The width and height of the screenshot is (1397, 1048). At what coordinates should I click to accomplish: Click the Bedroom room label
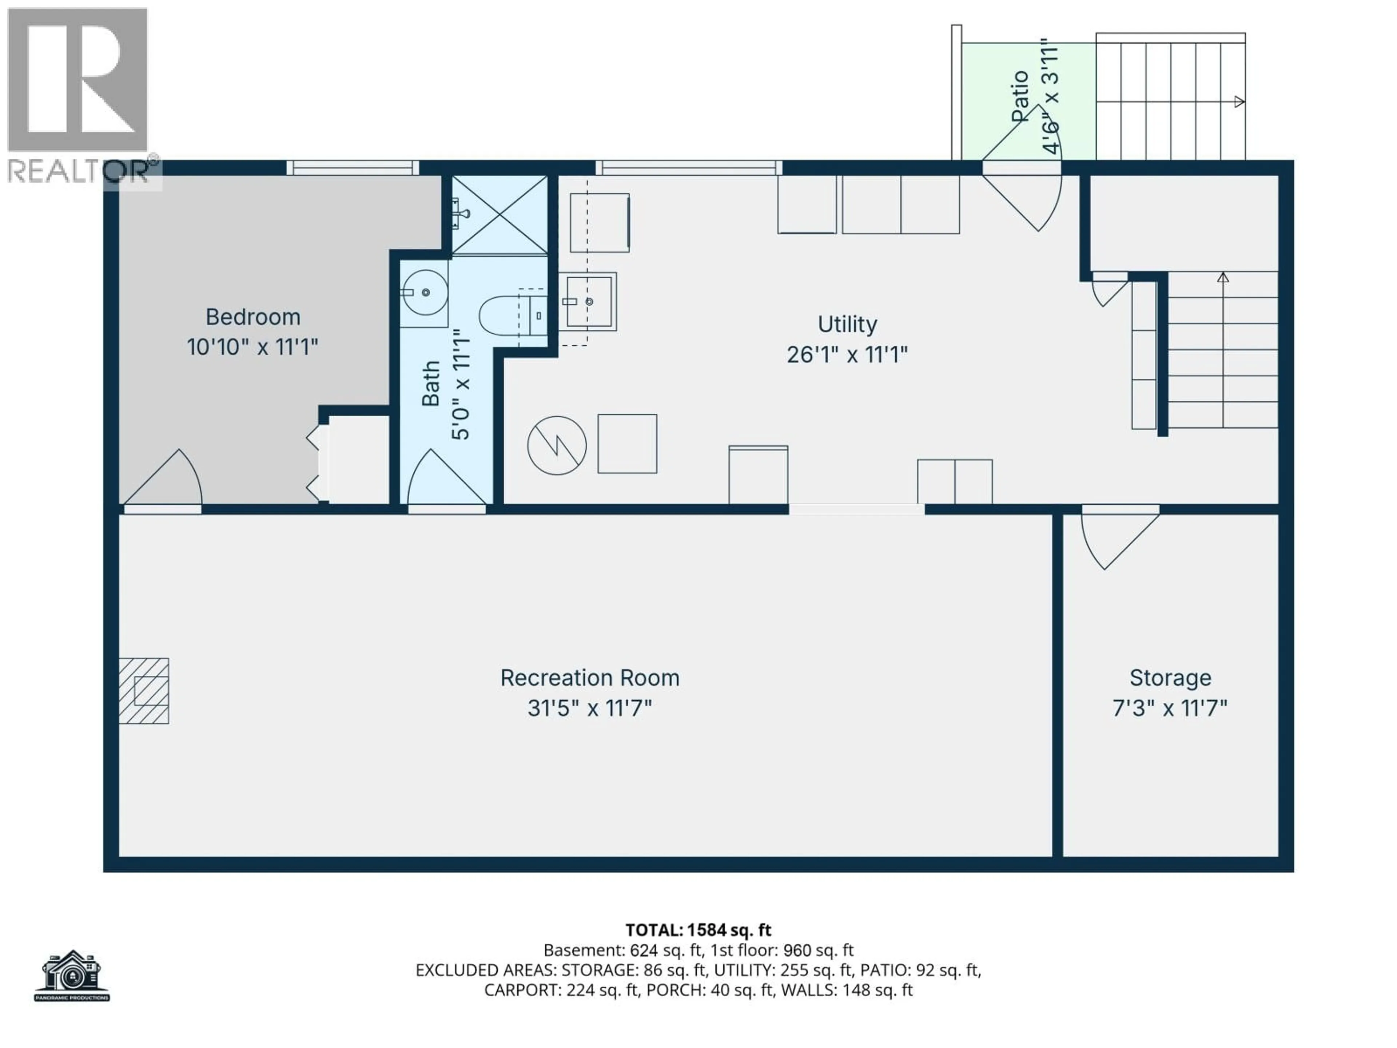point(252,317)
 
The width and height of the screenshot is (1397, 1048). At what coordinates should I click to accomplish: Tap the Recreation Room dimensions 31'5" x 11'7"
point(589,708)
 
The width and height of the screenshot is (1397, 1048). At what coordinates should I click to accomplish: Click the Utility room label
point(847,324)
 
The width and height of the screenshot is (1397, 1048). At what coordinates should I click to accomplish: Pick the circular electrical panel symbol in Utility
point(556,445)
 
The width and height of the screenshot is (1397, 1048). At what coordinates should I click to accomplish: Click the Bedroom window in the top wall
point(353,167)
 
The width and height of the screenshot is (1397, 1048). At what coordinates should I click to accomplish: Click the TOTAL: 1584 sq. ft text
point(698,930)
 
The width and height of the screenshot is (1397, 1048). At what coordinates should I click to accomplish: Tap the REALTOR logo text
point(79,171)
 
